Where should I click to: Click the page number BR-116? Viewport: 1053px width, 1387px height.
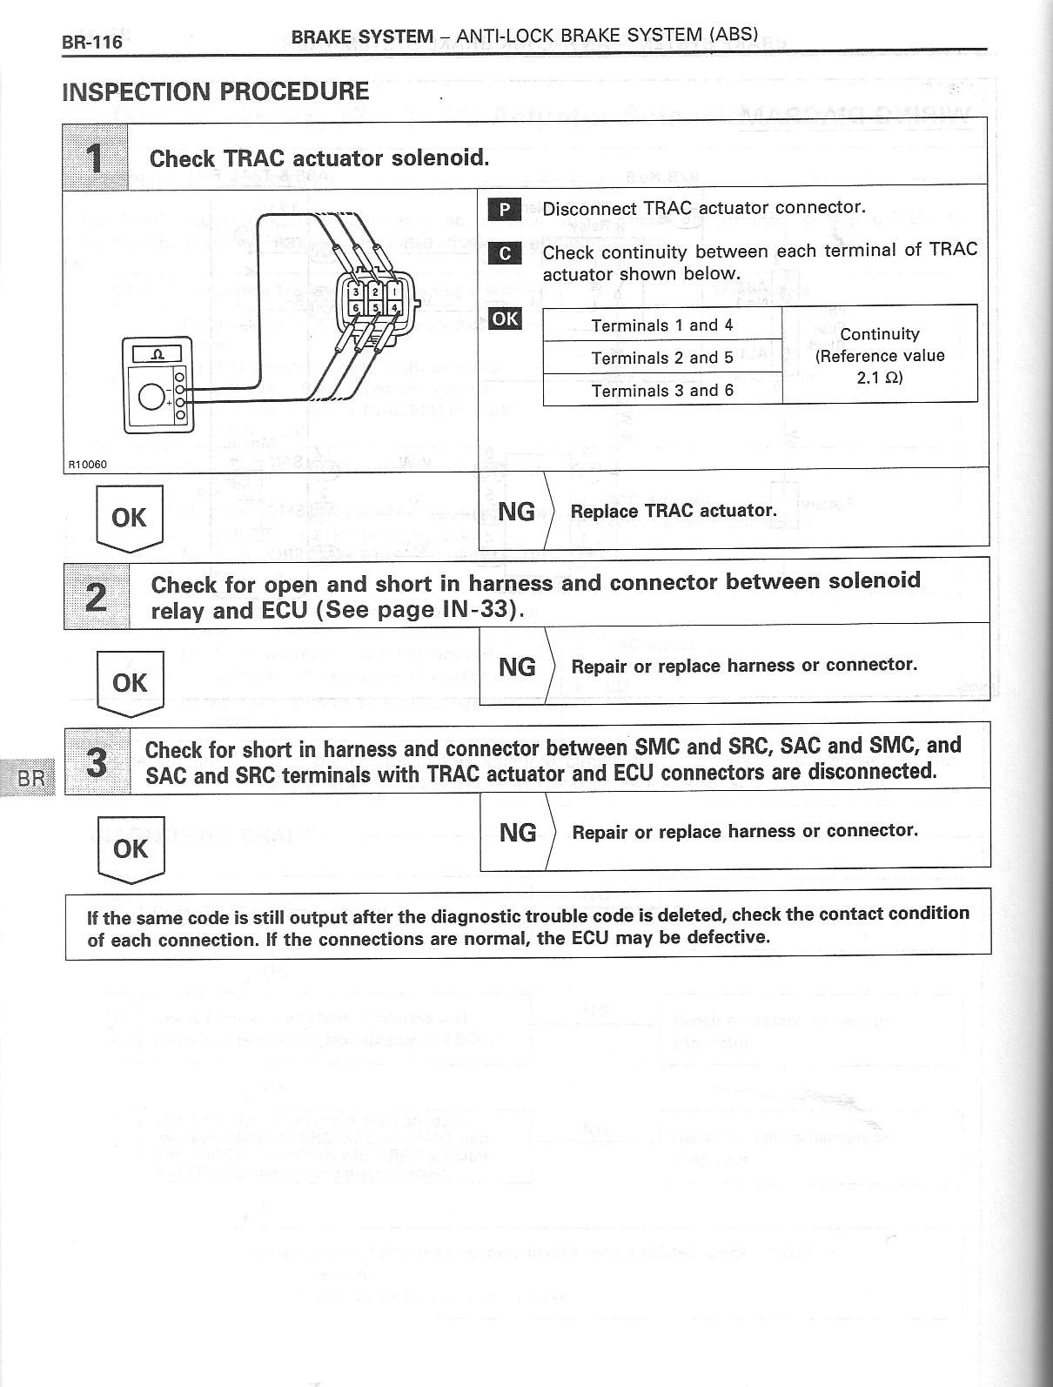click(x=91, y=41)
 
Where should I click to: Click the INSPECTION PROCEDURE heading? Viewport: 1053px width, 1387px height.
click(x=215, y=91)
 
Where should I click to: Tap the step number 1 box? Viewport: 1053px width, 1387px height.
click(x=96, y=157)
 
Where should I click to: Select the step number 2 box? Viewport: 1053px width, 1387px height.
click(x=97, y=596)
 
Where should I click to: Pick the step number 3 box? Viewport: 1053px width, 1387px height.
click(x=97, y=761)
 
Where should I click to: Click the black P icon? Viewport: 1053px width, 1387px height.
click(x=504, y=209)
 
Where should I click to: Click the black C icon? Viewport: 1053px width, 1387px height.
click(x=504, y=253)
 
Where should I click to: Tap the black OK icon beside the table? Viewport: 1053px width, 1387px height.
click(x=505, y=318)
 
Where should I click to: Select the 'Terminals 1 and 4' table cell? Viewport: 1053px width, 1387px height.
click(x=661, y=325)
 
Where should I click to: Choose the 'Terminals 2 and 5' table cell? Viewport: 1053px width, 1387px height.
click(x=661, y=358)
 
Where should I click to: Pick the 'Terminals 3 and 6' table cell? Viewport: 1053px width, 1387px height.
click(x=661, y=390)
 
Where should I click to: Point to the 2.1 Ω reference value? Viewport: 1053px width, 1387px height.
click(x=879, y=378)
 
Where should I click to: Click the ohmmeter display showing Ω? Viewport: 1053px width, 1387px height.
click(x=157, y=353)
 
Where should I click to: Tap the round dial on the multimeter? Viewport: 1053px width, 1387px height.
click(x=152, y=397)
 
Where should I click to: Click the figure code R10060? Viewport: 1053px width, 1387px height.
click(x=87, y=464)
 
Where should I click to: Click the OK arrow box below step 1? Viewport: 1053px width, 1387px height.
click(x=129, y=519)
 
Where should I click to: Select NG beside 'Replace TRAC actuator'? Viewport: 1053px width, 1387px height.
click(x=516, y=512)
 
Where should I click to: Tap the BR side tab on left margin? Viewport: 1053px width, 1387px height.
click(x=30, y=778)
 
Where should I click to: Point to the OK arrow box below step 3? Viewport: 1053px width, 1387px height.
click(x=131, y=849)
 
